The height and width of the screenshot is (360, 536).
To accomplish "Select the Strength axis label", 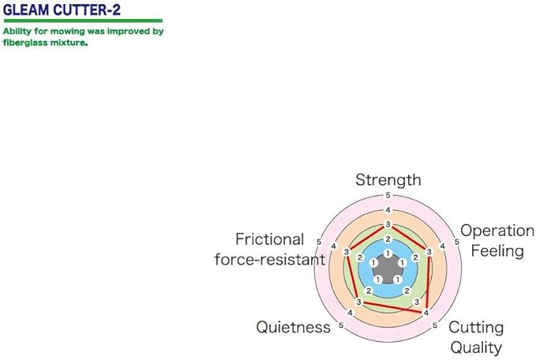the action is pos(388,180).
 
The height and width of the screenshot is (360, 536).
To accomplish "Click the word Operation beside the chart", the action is pos(497,231).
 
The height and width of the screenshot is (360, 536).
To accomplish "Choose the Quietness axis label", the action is pos(293,327).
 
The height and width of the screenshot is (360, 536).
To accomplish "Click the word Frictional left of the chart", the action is pos(269,239).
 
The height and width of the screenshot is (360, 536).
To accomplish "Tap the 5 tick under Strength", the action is pos(388,196).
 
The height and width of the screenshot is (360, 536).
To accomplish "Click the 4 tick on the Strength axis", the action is pos(388,210).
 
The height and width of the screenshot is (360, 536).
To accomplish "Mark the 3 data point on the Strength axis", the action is pos(388,224).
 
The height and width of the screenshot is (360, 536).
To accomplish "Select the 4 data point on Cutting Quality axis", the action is pos(426,313).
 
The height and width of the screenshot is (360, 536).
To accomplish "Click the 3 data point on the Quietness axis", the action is pos(358,303).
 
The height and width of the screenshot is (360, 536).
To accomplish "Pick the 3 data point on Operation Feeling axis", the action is pos(429,252).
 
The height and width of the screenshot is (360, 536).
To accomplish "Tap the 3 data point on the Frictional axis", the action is pos(347,252).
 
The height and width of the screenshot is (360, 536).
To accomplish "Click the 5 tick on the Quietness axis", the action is pos(341,324).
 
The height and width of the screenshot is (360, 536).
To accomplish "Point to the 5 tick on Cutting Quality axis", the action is pos(435,324).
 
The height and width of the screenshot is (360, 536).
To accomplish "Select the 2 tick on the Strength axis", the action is pos(388,238).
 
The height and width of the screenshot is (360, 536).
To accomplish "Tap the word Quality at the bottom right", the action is pos(476,347).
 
